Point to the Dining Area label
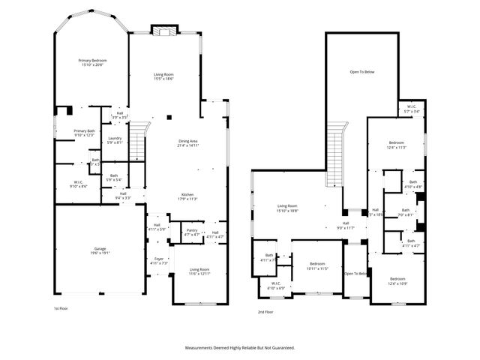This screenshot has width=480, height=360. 187,143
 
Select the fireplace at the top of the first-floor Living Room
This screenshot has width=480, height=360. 164,31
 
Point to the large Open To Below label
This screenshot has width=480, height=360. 361,72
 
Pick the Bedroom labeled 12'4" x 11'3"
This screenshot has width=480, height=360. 397,145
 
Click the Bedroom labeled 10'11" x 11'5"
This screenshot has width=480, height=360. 317,265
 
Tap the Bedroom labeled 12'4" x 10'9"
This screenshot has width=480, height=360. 397,280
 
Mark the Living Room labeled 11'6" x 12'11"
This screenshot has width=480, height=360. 199,271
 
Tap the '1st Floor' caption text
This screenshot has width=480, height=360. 61,309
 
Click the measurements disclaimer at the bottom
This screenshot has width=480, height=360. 240,348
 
